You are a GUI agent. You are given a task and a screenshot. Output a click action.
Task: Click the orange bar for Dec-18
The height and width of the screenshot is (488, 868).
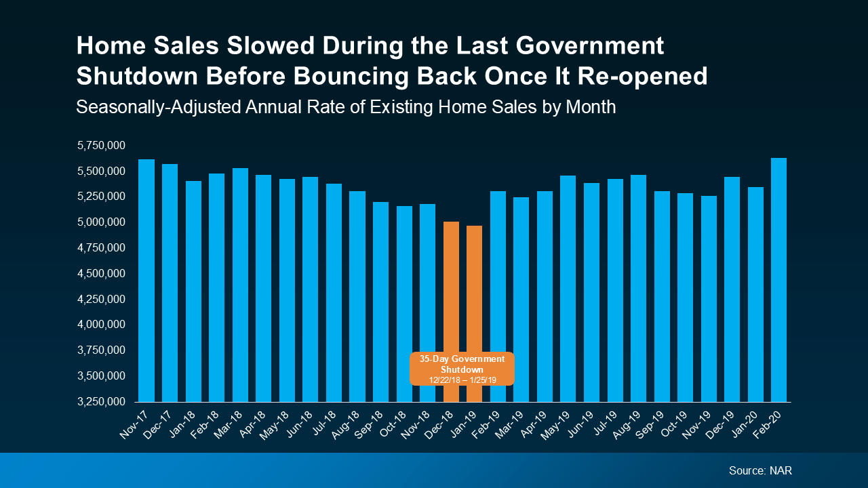click(x=451, y=285)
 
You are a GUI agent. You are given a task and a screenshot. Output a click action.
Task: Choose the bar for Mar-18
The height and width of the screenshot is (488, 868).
click(x=240, y=285)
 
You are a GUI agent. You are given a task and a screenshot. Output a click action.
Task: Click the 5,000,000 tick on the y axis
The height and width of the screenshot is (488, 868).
click(x=102, y=222)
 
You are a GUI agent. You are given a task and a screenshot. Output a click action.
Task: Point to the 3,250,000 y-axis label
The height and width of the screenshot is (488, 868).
click(x=102, y=402)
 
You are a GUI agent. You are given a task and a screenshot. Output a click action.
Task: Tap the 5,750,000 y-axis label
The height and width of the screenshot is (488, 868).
click(x=102, y=145)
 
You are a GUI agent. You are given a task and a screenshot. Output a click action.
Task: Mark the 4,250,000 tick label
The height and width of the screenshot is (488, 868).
click(x=102, y=299)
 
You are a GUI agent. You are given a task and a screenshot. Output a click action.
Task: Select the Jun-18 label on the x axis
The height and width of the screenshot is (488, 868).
click(x=306, y=424)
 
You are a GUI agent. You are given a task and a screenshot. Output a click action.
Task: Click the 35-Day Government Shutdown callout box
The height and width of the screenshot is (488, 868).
click(x=462, y=369)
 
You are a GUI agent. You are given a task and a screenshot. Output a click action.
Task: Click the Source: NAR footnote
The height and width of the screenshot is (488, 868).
click(x=760, y=470)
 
